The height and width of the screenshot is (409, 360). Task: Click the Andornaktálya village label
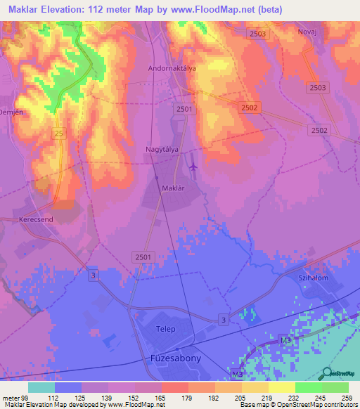click(172, 69)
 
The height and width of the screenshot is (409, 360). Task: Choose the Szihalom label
click(314, 279)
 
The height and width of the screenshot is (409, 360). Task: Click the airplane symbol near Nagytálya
click(193, 167)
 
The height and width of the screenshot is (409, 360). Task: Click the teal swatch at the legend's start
click(41, 387)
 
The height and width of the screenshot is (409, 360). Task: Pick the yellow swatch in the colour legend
click(282, 387)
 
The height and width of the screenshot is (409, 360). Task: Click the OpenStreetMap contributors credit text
click(321, 405)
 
